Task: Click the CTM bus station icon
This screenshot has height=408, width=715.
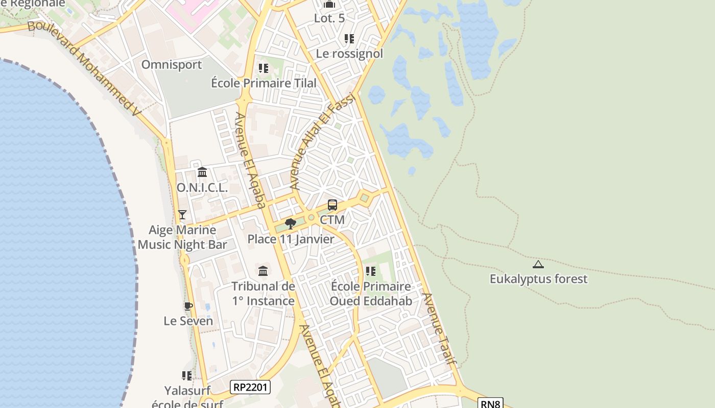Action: coord(332,205)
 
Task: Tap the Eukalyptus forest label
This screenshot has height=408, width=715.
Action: coord(538,279)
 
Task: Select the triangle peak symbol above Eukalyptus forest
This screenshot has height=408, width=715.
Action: coord(538,264)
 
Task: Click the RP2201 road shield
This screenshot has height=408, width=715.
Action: coord(250,387)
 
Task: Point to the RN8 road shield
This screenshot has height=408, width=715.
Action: coord(491,403)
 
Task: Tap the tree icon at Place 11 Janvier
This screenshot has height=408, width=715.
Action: coord(291,223)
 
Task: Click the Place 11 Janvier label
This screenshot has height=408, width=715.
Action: coord(291,239)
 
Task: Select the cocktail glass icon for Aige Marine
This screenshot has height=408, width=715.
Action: coord(182,215)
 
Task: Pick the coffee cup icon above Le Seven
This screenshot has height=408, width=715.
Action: coord(188,306)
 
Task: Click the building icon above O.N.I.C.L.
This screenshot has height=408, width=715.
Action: coord(202,172)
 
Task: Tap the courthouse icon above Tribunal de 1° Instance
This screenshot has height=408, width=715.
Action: coord(263,271)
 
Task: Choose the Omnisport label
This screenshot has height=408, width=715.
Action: coord(172,65)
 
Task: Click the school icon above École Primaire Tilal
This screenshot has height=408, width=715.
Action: coord(264,68)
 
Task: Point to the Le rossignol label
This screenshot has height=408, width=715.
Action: coord(349,54)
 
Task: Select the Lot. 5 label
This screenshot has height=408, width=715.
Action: coord(329,18)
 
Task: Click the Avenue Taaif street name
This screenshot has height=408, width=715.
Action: coord(439,329)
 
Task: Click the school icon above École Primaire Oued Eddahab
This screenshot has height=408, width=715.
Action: coord(371,271)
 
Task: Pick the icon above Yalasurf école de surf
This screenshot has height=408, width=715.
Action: coord(187,376)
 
